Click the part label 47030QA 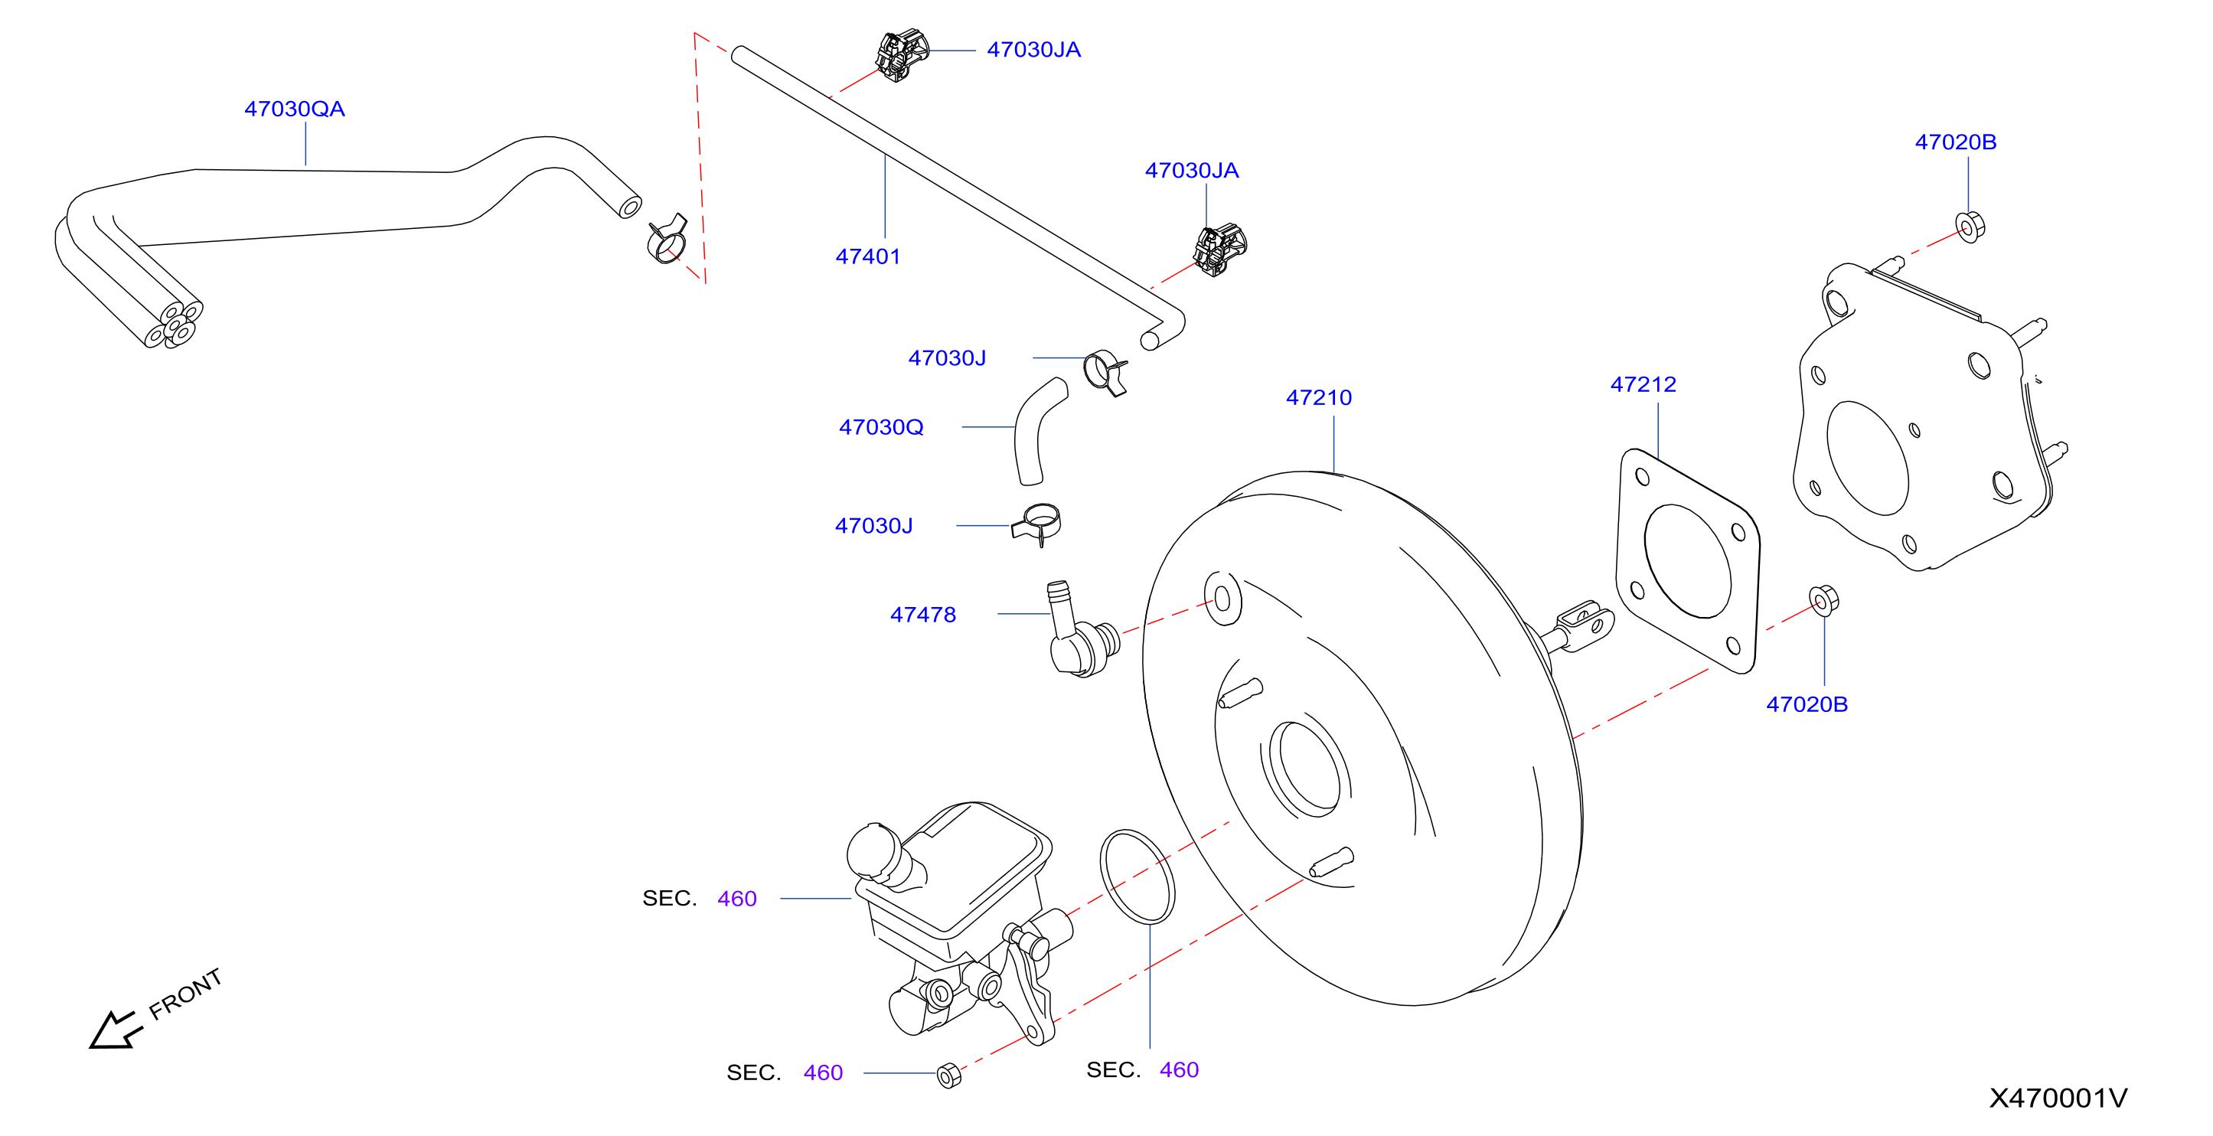pos(295,109)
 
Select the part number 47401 pos(868,256)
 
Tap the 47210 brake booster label pos(1319,398)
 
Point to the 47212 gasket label pos(1643,384)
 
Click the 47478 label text pos(922,615)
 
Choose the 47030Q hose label pos(881,427)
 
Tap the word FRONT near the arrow pos(185,994)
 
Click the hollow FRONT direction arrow pos(115,1030)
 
